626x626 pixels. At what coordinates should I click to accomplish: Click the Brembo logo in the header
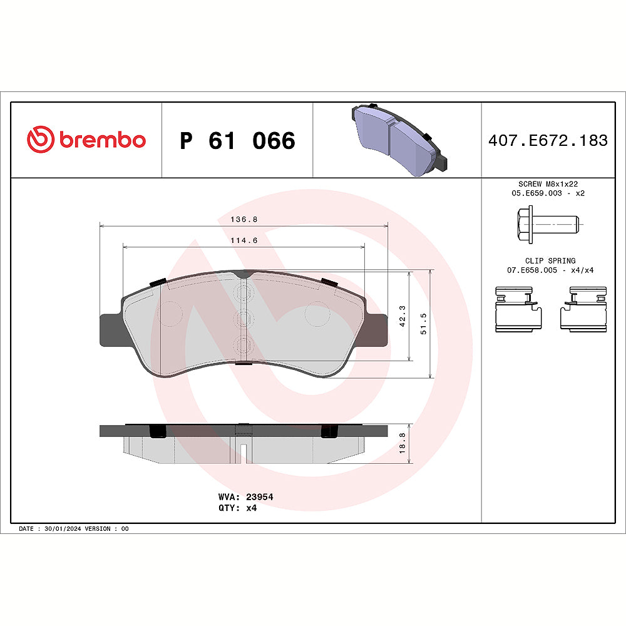click(86, 140)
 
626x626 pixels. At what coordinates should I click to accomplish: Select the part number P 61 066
click(237, 141)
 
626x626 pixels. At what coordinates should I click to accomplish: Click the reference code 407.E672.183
click(548, 141)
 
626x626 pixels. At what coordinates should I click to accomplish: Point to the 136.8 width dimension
click(244, 220)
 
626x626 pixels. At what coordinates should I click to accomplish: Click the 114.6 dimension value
click(244, 240)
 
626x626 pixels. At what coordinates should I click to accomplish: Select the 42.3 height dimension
click(403, 316)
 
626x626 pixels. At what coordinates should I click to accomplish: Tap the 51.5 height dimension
click(424, 324)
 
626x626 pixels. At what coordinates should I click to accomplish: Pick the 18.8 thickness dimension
click(403, 443)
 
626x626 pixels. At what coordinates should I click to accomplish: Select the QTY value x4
click(251, 508)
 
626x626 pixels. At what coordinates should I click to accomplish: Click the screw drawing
click(547, 223)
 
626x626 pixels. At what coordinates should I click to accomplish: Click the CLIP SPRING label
click(550, 260)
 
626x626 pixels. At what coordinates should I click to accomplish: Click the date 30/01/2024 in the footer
click(63, 529)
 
